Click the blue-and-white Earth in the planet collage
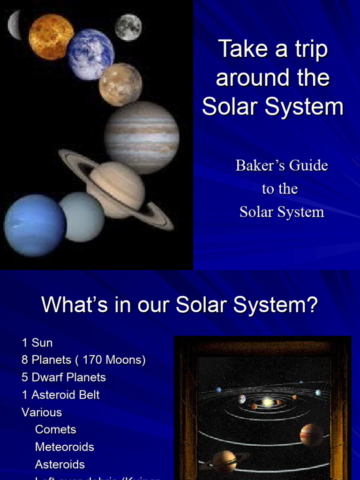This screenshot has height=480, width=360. (x=90, y=54)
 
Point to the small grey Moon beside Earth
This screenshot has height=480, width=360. (x=128, y=27)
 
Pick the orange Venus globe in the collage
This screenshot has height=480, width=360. (x=51, y=37)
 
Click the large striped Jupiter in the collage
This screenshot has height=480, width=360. (x=141, y=137)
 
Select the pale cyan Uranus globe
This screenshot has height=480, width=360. (x=82, y=217)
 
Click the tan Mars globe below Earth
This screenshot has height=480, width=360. (x=120, y=84)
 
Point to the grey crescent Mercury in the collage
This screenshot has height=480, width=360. (x=15, y=25)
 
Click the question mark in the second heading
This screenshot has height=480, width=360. (x=311, y=305)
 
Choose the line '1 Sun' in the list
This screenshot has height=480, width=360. (x=37, y=343)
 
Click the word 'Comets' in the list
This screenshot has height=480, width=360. (x=55, y=429)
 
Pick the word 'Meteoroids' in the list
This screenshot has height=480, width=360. (x=64, y=447)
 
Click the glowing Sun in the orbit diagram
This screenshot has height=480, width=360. (x=267, y=402)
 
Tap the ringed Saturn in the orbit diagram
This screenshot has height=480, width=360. (x=225, y=460)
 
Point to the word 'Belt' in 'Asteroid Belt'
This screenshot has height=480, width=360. (x=90, y=395)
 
